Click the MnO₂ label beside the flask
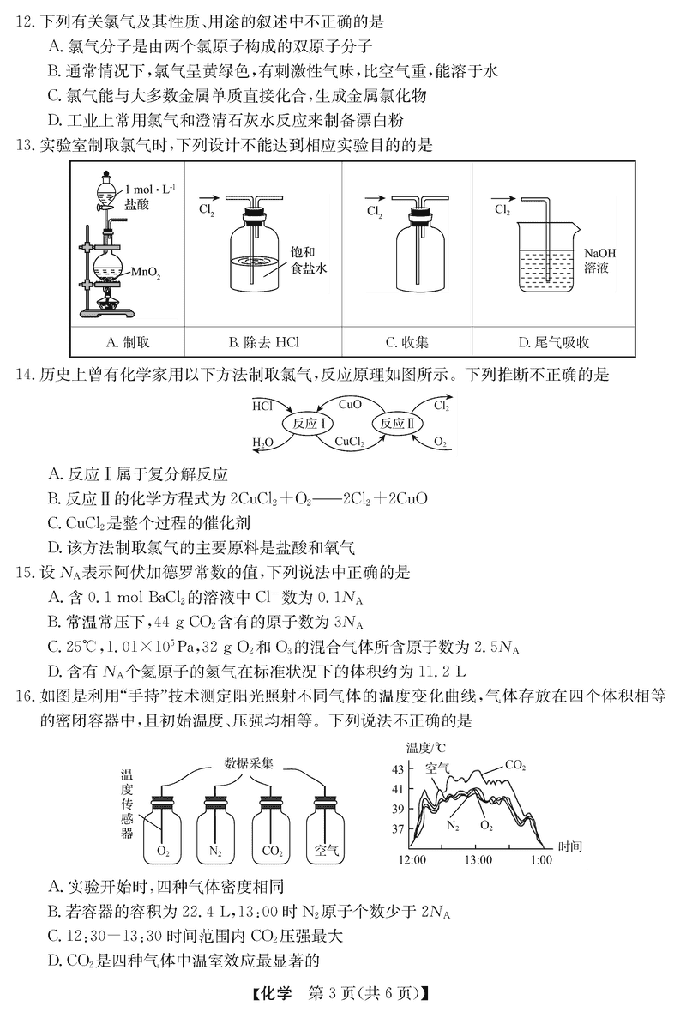coord(145,273)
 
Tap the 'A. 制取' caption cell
coord(127,342)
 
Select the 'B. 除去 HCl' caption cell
coord(263,342)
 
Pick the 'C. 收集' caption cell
coord(407,342)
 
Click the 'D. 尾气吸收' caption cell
coord(554,342)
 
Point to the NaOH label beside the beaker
coord(599,253)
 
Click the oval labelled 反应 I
coord(307,424)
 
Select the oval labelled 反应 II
coord(397,424)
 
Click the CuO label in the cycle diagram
coord(350,405)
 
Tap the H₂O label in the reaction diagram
coord(262,443)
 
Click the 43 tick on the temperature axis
coord(398,768)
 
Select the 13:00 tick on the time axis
coord(478,859)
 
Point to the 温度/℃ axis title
coord(425,748)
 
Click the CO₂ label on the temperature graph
coord(515,766)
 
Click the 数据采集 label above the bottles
coord(249,763)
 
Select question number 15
coord(25,573)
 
